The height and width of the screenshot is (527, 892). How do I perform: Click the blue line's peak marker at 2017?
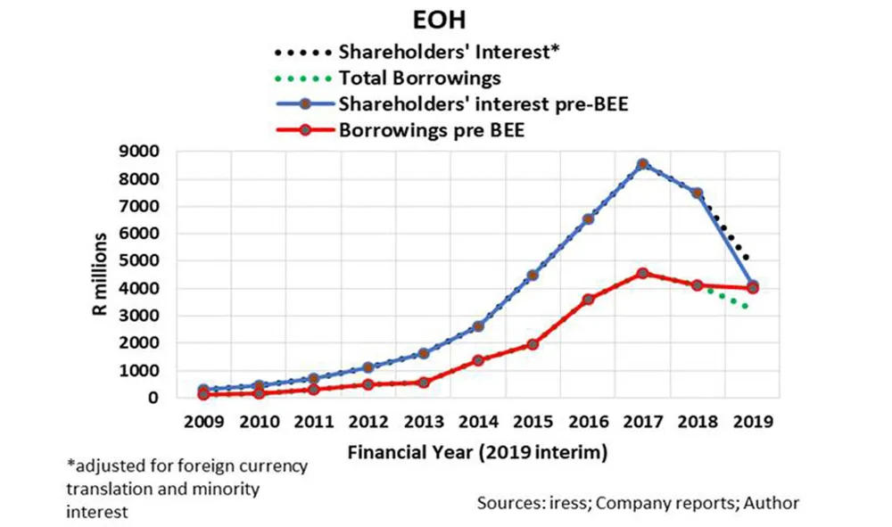coord(643,164)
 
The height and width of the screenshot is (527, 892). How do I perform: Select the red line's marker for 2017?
coord(643,274)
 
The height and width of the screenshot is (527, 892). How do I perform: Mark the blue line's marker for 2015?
coord(533,275)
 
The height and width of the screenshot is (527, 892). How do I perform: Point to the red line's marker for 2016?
coord(588,300)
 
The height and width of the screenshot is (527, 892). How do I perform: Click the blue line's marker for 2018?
coord(698,193)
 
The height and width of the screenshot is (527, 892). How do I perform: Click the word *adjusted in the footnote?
coord(101,465)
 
